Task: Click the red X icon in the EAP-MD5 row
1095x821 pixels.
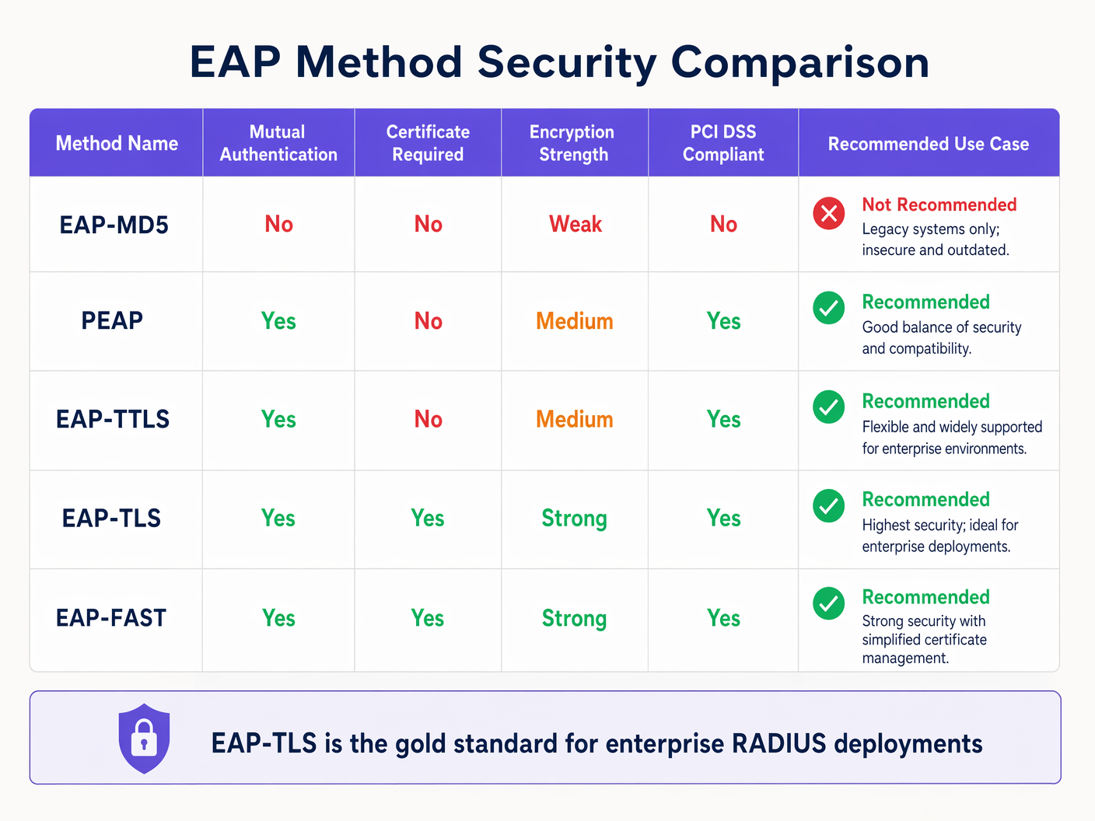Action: (829, 213)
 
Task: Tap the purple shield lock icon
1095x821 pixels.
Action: (144, 739)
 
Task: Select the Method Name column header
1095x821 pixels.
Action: (117, 144)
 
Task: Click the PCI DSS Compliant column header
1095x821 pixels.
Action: (723, 143)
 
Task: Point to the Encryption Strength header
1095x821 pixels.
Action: (573, 143)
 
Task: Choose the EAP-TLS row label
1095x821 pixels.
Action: (111, 519)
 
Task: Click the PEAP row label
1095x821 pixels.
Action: (112, 320)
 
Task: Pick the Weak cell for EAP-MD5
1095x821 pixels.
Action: (575, 225)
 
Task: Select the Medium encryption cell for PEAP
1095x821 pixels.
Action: (575, 321)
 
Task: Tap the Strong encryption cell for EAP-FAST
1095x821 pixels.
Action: (574, 619)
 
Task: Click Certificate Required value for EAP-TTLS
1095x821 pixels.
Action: (428, 420)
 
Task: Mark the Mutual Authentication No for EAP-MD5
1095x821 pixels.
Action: (278, 225)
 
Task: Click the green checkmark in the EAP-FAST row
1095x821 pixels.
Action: (829, 603)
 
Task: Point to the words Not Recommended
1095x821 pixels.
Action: (939, 204)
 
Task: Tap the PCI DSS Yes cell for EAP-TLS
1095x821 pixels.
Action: (723, 519)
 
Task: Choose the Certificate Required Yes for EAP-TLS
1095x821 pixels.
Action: (428, 519)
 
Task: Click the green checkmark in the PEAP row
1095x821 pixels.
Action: (829, 308)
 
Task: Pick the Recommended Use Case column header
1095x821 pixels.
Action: (928, 144)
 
